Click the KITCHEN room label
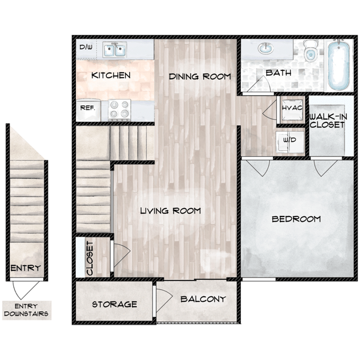(111, 75)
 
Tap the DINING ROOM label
(199, 76)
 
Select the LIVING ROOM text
(170, 211)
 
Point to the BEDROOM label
(296, 219)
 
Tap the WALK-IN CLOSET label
(328, 121)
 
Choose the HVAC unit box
(292, 107)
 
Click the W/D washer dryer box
(290, 140)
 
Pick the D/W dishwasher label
(86, 48)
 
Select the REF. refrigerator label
(88, 108)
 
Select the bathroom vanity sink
(265, 49)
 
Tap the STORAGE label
(114, 304)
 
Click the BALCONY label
(203, 300)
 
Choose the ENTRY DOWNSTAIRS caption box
(26, 310)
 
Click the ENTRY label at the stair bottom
(26, 269)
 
